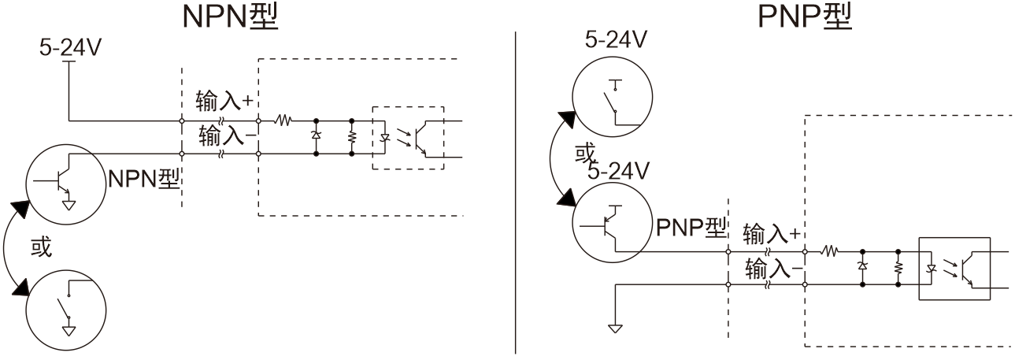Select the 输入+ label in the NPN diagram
(x=222, y=100)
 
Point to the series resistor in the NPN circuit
(x=283, y=121)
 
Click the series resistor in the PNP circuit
(x=828, y=253)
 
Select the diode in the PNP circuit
(x=862, y=267)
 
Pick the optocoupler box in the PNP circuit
(x=954, y=268)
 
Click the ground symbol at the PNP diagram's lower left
(x=615, y=325)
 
